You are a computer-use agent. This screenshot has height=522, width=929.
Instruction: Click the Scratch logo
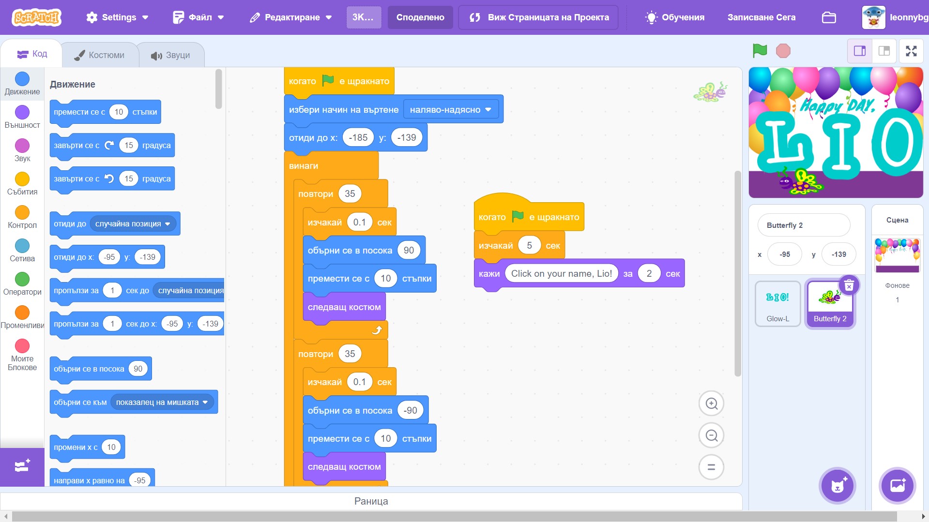[x=37, y=17]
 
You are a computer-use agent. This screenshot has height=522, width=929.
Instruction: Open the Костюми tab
[x=100, y=55]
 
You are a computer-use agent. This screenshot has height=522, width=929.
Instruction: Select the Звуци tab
[x=171, y=55]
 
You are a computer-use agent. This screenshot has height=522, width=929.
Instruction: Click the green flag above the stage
[x=760, y=50]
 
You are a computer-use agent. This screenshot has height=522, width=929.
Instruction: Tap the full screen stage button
[x=911, y=51]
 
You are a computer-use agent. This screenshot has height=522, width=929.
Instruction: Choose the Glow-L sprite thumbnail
[x=777, y=303]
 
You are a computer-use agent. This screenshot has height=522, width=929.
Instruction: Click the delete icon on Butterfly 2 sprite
[x=849, y=285]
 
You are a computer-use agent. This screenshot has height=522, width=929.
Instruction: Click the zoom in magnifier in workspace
[x=711, y=403]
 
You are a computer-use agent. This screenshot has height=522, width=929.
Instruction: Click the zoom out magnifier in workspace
[x=711, y=435]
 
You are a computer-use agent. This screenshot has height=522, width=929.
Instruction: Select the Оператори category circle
[x=22, y=279]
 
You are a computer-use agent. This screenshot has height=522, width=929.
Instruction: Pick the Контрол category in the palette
[x=22, y=212]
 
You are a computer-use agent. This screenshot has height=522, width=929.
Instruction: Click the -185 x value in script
[x=358, y=137]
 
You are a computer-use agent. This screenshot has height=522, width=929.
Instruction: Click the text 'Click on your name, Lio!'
[x=561, y=273]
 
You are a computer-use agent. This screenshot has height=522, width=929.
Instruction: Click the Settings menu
[x=117, y=17]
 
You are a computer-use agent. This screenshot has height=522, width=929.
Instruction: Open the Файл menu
[x=198, y=17]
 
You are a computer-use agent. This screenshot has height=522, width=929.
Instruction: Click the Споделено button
[x=420, y=17]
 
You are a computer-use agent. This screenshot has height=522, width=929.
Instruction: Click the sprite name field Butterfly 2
[x=803, y=225]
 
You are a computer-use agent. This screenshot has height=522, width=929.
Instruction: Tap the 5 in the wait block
[x=529, y=245]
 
